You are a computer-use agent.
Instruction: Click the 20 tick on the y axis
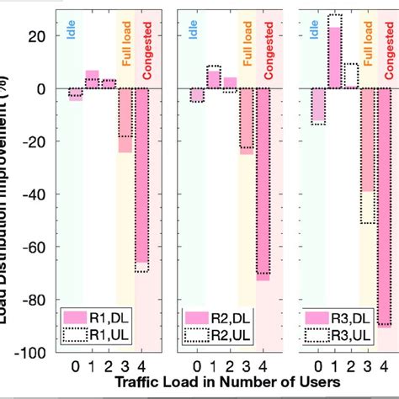coord(38,36)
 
